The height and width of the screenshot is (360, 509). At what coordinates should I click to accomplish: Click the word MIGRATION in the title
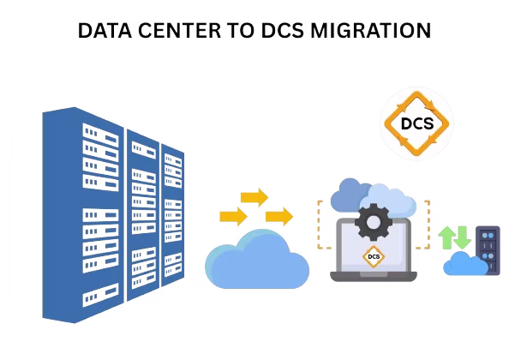[370, 31]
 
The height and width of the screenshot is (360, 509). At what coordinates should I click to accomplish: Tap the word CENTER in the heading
[179, 31]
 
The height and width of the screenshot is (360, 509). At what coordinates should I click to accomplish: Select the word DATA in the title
[105, 31]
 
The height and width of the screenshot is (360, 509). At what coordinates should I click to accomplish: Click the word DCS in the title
[283, 31]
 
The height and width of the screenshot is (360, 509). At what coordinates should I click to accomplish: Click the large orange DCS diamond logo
[416, 123]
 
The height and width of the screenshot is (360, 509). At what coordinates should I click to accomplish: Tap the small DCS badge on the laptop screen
[374, 257]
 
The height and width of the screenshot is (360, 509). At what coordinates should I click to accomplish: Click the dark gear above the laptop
[374, 222]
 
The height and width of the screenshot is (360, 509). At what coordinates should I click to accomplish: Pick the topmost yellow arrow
[254, 197]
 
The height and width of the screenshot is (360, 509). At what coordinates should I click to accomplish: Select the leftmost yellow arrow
[233, 216]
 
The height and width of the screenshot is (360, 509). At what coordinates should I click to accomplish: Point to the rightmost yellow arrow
[279, 216]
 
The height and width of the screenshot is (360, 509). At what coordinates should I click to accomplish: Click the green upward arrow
[447, 237]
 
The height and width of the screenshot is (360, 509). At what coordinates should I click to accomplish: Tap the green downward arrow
[462, 237]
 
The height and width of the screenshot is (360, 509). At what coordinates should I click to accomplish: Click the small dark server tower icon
[488, 250]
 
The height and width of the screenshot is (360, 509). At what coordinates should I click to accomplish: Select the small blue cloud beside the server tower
[465, 265]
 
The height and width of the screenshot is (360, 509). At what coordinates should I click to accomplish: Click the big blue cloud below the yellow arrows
[257, 260]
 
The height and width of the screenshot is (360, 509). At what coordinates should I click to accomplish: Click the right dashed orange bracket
[428, 225]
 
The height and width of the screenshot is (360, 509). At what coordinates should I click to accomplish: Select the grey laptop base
[374, 277]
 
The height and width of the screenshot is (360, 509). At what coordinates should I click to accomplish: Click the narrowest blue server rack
[173, 215]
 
